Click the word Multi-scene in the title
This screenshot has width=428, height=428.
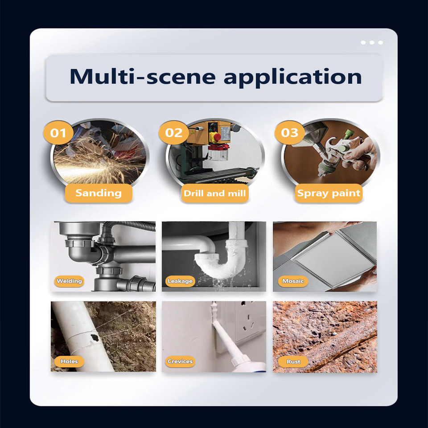(x=143, y=76)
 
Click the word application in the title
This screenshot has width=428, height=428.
(x=293, y=78)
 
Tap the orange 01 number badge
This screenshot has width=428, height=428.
(x=58, y=133)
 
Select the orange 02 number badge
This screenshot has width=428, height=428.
(x=173, y=133)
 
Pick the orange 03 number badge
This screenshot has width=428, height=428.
(x=290, y=133)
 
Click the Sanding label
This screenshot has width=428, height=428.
(x=99, y=193)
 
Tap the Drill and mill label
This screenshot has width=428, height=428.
(x=215, y=193)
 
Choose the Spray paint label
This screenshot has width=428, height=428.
(x=329, y=193)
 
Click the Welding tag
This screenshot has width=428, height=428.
(x=69, y=281)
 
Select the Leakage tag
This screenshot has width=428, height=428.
(x=180, y=281)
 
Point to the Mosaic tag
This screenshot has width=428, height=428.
(x=293, y=281)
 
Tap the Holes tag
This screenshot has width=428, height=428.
(x=69, y=362)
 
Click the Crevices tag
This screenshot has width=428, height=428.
(x=180, y=362)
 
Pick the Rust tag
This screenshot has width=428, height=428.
(x=293, y=362)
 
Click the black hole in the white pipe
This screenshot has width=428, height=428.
(x=94, y=338)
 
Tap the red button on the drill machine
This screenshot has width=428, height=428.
(x=217, y=137)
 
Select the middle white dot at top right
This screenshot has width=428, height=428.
(x=372, y=43)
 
